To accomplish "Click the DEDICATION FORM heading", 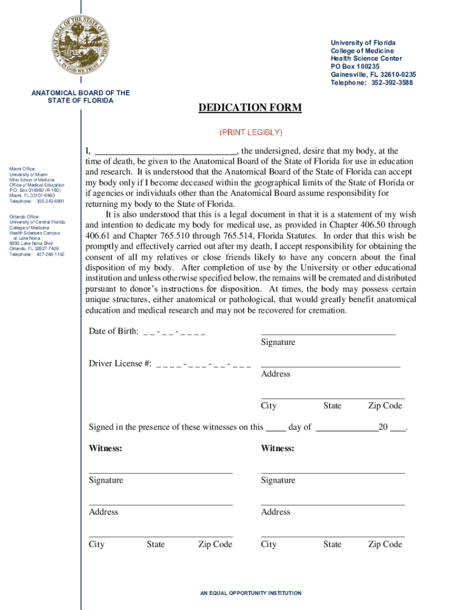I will (x=250, y=108).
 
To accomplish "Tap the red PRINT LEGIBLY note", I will (x=250, y=132).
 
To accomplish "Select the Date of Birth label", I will (x=114, y=331).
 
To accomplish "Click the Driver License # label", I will (x=120, y=363).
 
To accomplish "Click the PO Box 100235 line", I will (x=355, y=67).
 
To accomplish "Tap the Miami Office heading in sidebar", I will (x=23, y=169).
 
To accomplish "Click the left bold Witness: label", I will (x=106, y=448).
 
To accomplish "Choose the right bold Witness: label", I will (x=277, y=448).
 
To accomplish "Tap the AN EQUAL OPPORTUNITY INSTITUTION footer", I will (x=250, y=593).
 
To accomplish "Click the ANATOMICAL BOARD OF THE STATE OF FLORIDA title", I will (x=80, y=97).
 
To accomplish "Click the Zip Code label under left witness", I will (x=215, y=544).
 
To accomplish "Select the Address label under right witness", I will (x=275, y=512).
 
